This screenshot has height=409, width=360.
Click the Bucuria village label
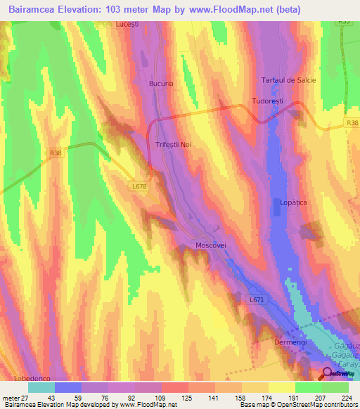point(161,83)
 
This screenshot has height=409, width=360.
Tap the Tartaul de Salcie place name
point(288,80)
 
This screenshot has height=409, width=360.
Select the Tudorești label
point(268,102)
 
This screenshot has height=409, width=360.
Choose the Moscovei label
point(211,245)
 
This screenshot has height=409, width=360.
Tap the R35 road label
point(343,22)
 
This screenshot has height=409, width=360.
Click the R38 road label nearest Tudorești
point(352,123)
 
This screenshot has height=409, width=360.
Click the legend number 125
point(187,397)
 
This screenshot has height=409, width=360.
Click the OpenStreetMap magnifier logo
point(328,373)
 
